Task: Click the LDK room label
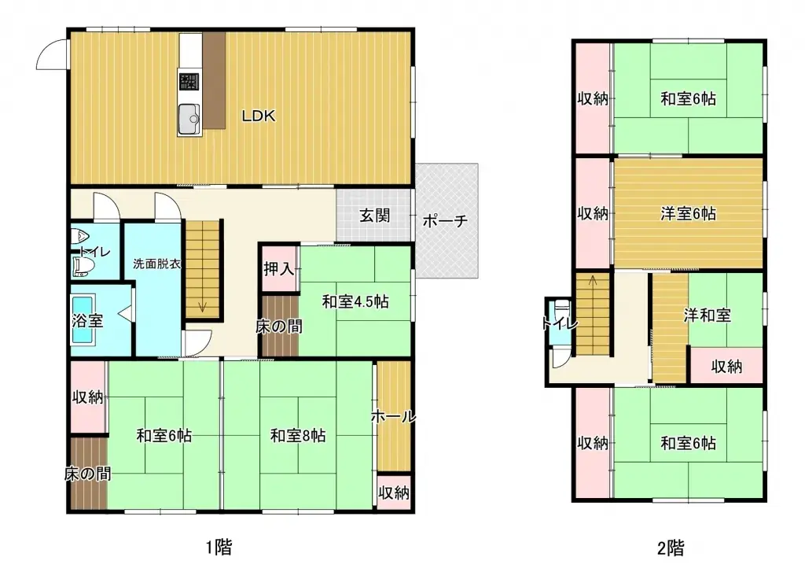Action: click(258, 116)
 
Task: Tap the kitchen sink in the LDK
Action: click(189, 120)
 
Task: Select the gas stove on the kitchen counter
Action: click(189, 83)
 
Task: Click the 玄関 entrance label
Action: click(375, 216)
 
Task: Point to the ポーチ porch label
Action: click(445, 221)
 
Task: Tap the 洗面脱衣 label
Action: click(156, 264)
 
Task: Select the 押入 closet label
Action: click(278, 269)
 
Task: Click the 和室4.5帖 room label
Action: click(355, 301)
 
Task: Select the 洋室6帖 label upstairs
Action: click(687, 213)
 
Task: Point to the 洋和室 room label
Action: click(707, 315)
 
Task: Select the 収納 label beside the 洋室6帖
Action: click(593, 213)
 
